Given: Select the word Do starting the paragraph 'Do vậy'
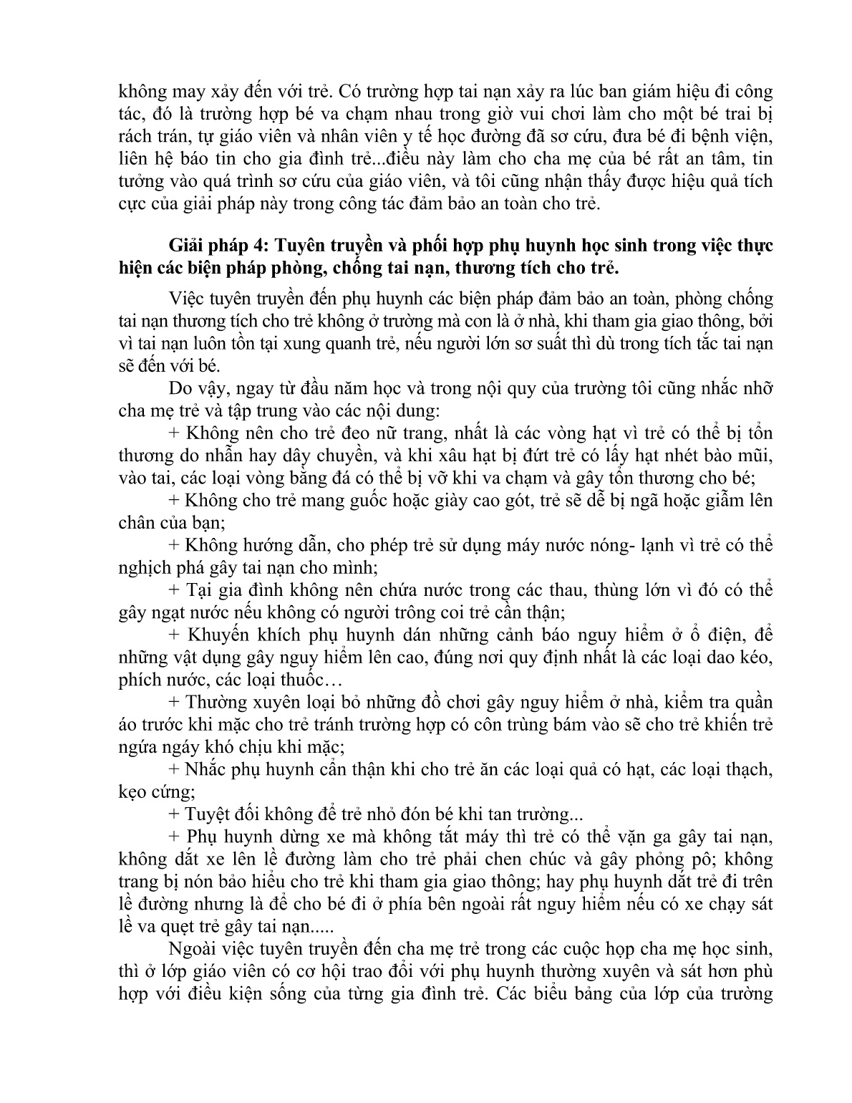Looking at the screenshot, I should tap(181, 389).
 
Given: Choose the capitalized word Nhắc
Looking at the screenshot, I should tap(205, 770).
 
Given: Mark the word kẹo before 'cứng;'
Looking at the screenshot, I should tap(132, 793).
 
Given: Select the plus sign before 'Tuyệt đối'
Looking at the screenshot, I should tap(175, 814).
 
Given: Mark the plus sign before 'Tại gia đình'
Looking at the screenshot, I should tap(175, 591).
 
